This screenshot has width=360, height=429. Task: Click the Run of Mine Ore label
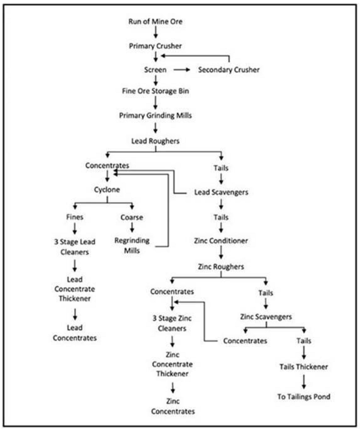point(155,22)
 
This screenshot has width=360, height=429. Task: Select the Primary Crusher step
point(155,46)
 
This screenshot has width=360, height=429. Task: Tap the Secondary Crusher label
point(229,70)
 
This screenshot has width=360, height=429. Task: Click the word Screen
point(155,70)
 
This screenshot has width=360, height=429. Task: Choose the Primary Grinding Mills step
point(155,115)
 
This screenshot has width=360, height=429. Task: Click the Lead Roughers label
point(155,141)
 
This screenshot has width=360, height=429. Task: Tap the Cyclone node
point(107,189)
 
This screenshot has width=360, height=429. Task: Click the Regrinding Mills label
point(132,245)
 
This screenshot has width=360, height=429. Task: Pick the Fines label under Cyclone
point(74,217)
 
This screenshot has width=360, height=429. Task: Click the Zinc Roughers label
point(221,266)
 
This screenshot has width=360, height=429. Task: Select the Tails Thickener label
point(303,367)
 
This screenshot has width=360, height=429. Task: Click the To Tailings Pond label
point(303,397)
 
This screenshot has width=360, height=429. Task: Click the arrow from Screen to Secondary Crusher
point(181,70)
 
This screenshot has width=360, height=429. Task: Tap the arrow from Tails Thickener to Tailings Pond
point(303,382)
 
